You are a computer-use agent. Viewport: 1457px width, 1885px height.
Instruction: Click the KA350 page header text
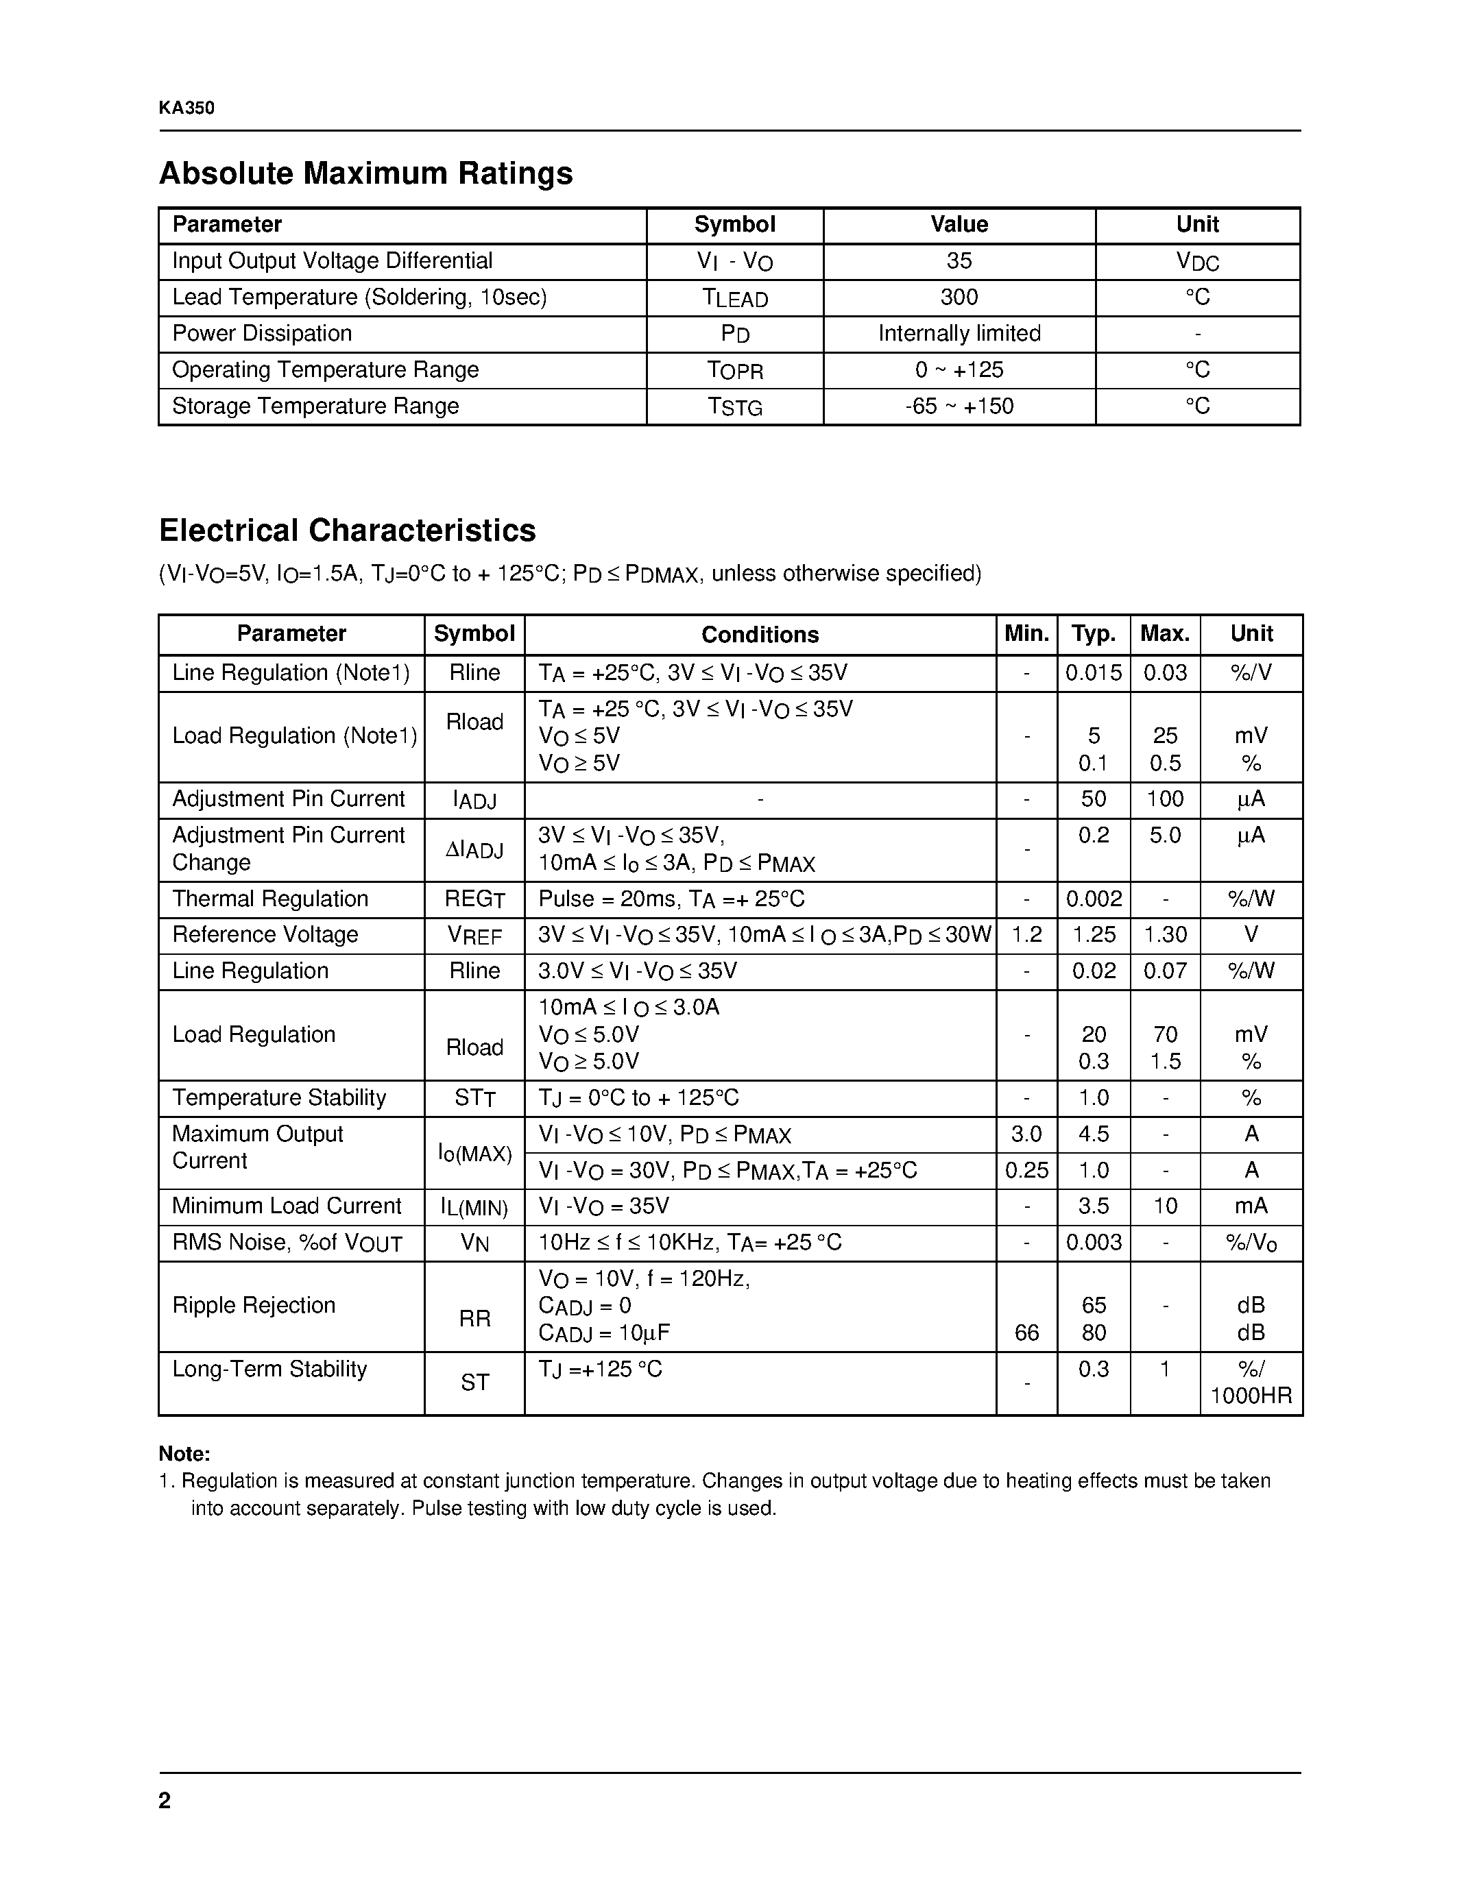(x=186, y=108)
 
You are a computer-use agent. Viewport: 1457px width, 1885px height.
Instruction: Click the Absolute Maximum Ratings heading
(x=365, y=173)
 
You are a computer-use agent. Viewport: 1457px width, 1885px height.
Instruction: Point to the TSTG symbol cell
(x=734, y=406)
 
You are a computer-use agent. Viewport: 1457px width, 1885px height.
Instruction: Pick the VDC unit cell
(x=1197, y=262)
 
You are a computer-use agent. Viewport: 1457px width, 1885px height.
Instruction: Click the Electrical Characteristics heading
(x=347, y=530)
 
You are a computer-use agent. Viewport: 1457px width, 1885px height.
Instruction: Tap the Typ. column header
(x=1093, y=634)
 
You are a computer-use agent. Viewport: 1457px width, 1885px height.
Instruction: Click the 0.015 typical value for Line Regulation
(x=1093, y=673)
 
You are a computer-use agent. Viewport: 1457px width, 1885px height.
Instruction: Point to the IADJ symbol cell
(x=474, y=800)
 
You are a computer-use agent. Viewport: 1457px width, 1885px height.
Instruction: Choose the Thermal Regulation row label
(x=270, y=899)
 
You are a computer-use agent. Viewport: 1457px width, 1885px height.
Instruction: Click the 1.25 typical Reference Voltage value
(x=1093, y=936)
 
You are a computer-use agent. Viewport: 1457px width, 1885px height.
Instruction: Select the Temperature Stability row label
(x=279, y=1098)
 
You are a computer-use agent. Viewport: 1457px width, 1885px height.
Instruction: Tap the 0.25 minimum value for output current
(x=1026, y=1171)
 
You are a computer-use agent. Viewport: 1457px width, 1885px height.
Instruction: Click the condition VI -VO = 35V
(x=603, y=1206)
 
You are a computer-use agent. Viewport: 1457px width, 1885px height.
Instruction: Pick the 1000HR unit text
(x=1251, y=1396)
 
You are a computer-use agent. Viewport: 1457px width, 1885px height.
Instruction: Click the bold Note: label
(x=184, y=1453)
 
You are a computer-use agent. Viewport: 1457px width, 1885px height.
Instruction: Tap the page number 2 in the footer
(x=165, y=1801)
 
